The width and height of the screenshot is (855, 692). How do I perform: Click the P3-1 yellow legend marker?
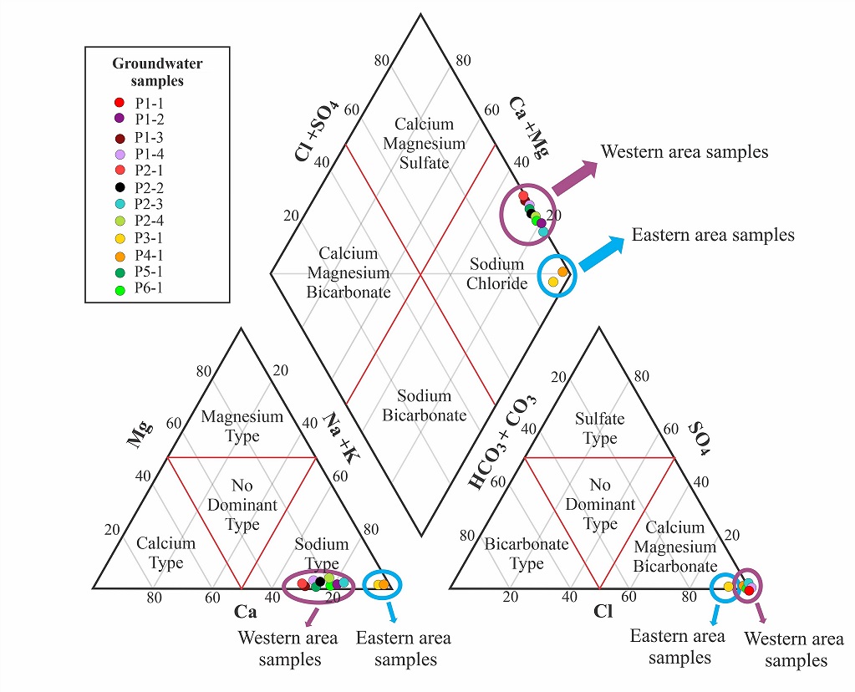tap(120, 237)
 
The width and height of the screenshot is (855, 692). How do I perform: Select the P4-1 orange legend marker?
tap(120, 255)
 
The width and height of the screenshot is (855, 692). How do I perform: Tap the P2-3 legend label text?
tap(150, 204)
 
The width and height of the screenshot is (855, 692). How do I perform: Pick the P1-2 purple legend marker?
tap(120, 120)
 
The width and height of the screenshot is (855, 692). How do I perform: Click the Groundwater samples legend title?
tap(157, 72)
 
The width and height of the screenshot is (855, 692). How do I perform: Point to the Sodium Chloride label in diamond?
tap(496, 273)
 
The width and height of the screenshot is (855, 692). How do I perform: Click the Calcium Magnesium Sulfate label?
tap(424, 143)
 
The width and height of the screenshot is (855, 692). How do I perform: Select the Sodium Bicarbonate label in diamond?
tap(424, 405)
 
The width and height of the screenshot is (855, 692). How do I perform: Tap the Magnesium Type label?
tap(242, 425)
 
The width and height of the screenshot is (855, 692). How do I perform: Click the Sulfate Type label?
tap(599, 428)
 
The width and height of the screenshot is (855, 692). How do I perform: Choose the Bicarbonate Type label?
tap(527, 553)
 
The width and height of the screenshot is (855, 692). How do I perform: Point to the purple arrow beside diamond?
tap(574, 178)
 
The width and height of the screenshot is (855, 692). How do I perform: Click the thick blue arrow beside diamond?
tap(601, 253)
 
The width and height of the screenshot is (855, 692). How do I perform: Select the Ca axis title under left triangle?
tap(245, 612)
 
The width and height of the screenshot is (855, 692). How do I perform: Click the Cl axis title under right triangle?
tap(603, 612)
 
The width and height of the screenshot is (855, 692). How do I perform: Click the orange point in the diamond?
tap(562, 272)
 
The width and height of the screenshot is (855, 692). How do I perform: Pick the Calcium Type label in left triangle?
tap(165, 552)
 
